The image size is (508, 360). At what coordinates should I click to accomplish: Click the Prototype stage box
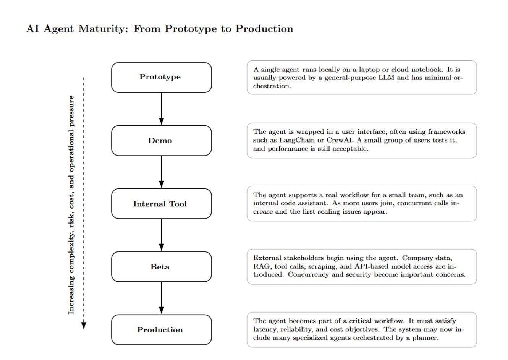(x=162, y=77)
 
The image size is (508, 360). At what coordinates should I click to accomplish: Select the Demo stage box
(x=162, y=140)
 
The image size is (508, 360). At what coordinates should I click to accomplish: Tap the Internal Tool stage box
(x=162, y=203)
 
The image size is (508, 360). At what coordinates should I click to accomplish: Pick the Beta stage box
(x=162, y=266)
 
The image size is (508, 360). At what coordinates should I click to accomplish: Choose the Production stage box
(x=162, y=329)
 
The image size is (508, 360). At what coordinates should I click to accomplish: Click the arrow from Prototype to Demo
(x=162, y=109)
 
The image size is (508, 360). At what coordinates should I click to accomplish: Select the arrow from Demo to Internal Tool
(x=162, y=172)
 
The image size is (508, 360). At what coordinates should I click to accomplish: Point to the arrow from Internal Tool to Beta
(x=162, y=235)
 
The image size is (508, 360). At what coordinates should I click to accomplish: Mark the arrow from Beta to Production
(x=162, y=298)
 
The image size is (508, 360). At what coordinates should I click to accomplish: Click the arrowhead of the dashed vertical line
(x=84, y=326)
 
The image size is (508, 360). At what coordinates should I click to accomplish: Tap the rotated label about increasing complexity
(x=71, y=205)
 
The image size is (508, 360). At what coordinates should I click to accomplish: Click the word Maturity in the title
(x=103, y=29)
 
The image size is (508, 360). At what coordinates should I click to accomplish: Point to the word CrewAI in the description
(x=340, y=140)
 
